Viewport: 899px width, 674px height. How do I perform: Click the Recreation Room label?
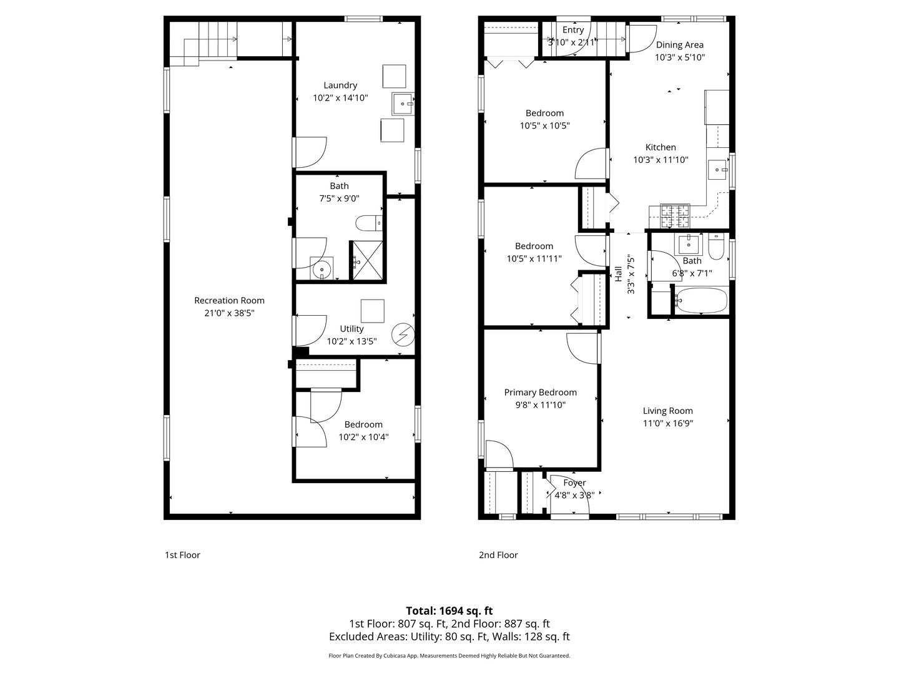[x=229, y=300]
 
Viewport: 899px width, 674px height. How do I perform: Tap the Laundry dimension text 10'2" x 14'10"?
[x=340, y=98]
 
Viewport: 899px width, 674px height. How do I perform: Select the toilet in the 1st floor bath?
[x=368, y=223]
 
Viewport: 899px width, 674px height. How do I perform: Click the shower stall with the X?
[x=368, y=261]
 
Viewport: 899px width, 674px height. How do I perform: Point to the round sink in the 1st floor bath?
[x=322, y=270]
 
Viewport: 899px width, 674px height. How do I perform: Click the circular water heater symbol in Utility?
[x=403, y=335]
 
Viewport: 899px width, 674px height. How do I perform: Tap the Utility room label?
[x=351, y=329]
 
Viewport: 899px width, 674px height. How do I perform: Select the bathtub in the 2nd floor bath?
[x=701, y=301]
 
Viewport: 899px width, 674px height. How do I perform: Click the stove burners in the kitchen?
[x=675, y=216]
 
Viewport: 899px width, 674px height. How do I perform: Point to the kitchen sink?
[x=719, y=169]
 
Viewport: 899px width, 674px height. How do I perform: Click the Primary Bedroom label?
[x=540, y=392]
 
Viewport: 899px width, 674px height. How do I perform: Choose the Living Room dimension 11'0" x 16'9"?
[x=667, y=423]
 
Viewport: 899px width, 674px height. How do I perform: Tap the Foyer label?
[x=574, y=483]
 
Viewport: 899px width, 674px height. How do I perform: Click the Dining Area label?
[x=679, y=44]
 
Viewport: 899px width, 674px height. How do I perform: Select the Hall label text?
[x=619, y=274]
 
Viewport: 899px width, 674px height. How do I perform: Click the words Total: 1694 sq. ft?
[x=449, y=611]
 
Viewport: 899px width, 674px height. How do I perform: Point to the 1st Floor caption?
[x=182, y=555]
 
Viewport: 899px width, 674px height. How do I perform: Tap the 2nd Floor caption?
[x=498, y=555]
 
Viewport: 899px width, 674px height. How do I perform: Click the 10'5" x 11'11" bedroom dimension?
[x=534, y=258]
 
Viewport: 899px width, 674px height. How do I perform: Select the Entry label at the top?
[x=573, y=30]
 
